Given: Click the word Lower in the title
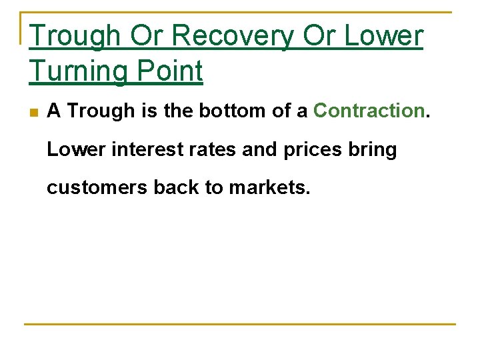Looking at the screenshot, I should [383, 37].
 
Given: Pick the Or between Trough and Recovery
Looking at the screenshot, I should [150, 37].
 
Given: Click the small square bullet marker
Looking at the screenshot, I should [34, 112].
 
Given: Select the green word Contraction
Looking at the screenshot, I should [369, 111].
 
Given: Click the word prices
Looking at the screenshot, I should [313, 149].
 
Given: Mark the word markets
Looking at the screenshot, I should [269, 187].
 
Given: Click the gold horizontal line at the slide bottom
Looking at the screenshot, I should [240, 325].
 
